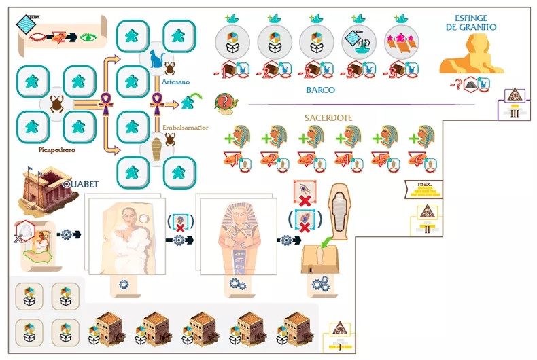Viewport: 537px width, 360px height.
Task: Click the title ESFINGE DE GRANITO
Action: (475, 22)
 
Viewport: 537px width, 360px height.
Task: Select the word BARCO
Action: (321, 89)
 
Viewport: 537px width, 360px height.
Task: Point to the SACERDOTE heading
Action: (328, 118)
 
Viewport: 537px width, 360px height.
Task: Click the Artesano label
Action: (175, 81)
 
